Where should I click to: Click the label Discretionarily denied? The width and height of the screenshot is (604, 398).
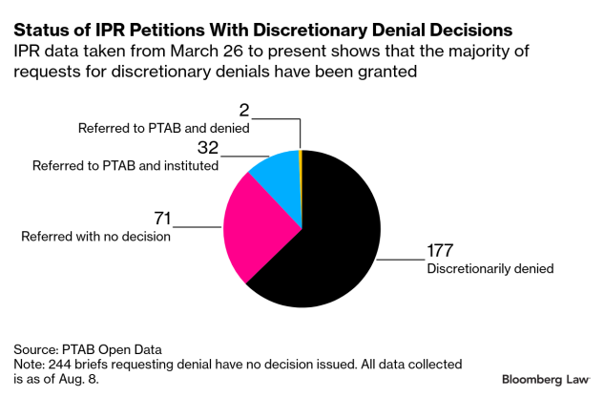point(490,269)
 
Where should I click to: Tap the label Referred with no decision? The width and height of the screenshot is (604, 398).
point(95,236)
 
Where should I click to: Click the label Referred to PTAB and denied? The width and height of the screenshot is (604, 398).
point(163,127)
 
